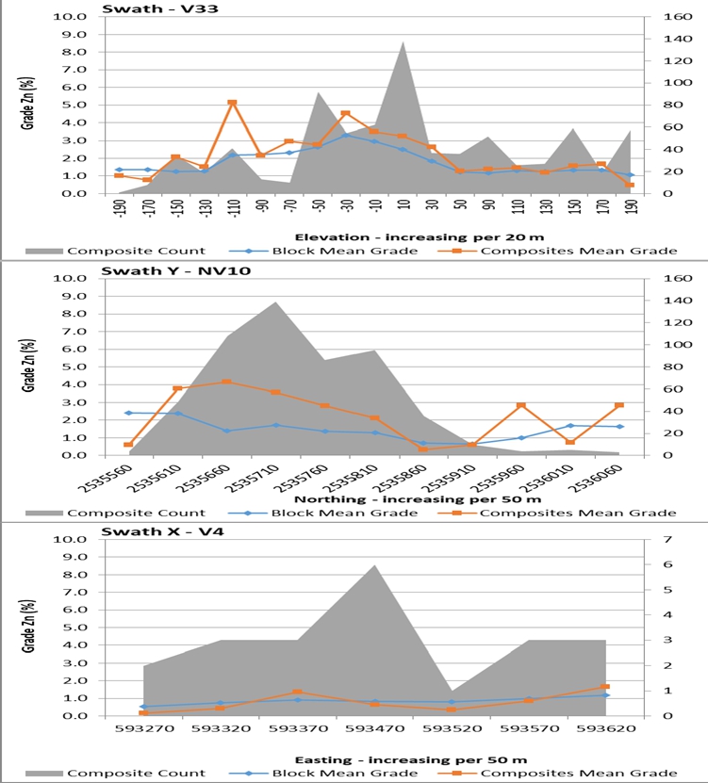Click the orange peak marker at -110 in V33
coord(232,103)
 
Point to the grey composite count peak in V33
coord(403,41)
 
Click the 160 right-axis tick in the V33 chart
coord(661,17)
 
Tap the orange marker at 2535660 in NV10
coord(227,382)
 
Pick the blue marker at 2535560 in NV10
coord(128,413)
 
